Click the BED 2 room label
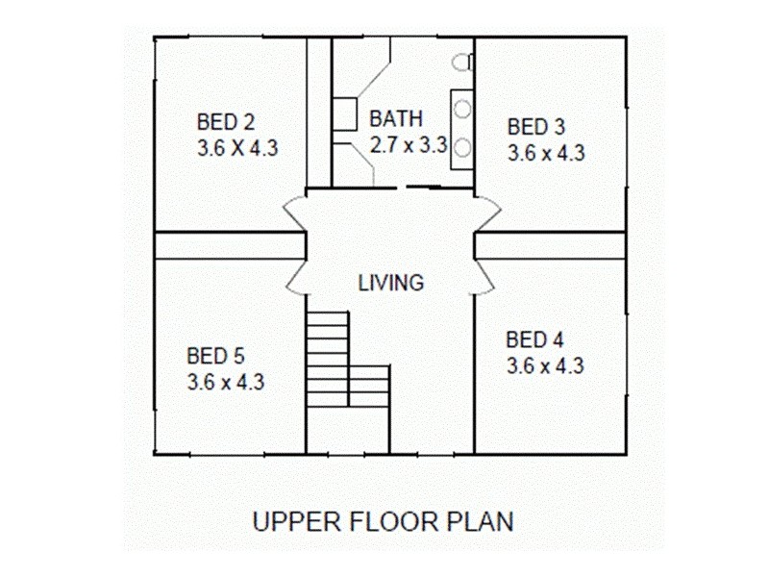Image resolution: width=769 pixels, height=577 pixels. coord(226,122)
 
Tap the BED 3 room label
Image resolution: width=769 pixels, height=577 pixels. coord(536,126)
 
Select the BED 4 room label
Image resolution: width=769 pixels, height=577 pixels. coord(534,339)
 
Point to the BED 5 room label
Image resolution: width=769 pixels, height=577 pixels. coord(215,356)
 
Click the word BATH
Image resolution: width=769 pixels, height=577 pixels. coord(396,119)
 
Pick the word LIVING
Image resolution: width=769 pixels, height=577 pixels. coord(390,283)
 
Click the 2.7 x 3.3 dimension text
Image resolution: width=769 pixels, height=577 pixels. coord(409,145)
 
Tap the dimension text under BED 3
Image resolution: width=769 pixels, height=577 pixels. coord(547,152)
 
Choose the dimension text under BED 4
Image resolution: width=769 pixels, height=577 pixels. coord(545,365)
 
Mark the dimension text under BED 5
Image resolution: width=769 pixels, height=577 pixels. coord(226,382)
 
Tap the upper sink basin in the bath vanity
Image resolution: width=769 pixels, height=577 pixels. coord(462,109)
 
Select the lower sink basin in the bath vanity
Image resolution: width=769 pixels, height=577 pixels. coord(462,147)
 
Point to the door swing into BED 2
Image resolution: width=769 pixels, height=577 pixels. coord(294,212)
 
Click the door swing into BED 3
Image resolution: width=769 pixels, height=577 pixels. coord(487,212)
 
